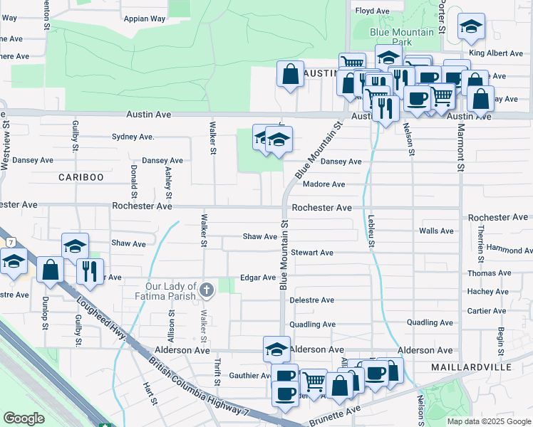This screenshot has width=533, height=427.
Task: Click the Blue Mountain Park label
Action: tap(401, 37)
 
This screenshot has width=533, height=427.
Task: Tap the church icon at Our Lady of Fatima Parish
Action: tap(206, 289)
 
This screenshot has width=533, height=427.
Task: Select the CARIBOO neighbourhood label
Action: tap(81, 176)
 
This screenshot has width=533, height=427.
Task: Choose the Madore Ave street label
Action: tap(324, 184)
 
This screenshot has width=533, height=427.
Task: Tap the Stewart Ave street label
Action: tap(312, 253)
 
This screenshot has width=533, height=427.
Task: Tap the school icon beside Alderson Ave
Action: tap(276, 349)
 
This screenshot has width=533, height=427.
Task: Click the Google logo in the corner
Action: tap(24, 418)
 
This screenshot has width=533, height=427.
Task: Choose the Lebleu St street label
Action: tap(371, 231)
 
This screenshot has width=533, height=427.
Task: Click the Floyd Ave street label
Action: tap(373, 11)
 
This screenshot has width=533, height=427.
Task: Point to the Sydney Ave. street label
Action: tap(133, 137)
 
